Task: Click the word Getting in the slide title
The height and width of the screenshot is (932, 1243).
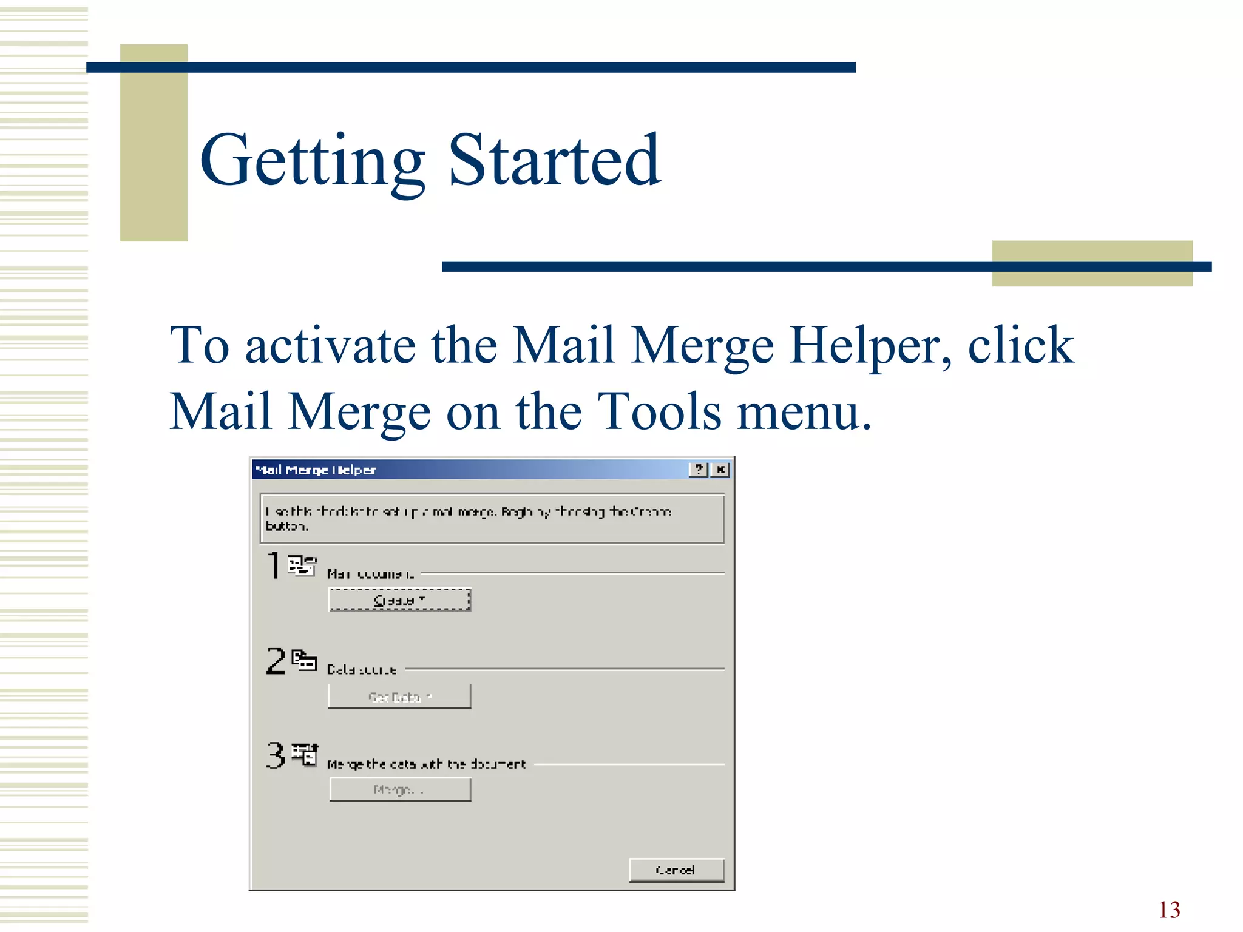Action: click(x=312, y=161)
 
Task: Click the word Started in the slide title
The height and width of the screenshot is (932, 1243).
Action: click(x=554, y=160)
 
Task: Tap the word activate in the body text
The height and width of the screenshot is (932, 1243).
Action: click(x=330, y=345)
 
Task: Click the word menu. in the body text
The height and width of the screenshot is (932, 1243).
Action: click(x=804, y=412)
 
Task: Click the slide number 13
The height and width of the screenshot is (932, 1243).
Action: click(x=1169, y=910)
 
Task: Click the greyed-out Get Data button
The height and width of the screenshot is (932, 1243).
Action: click(x=399, y=697)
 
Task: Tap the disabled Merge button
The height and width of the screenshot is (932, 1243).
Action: click(x=400, y=789)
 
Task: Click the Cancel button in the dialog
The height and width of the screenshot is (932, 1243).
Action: click(x=676, y=870)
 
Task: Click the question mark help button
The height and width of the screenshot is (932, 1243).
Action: click(x=699, y=469)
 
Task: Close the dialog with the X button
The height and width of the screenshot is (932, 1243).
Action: click(x=720, y=469)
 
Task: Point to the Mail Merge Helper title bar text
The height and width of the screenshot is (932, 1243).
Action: click(x=316, y=470)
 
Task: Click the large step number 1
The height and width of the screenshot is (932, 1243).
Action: click(x=274, y=566)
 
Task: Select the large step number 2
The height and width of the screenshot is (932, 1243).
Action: click(x=276, y=661)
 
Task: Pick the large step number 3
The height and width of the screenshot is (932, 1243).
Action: click(x=276, y=755)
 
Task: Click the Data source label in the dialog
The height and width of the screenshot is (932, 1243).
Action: click(x=362, y=670)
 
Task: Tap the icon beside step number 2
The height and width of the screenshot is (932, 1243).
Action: click(x=303, y=660)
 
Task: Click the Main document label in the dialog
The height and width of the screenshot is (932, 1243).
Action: click(x=371, y=574)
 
